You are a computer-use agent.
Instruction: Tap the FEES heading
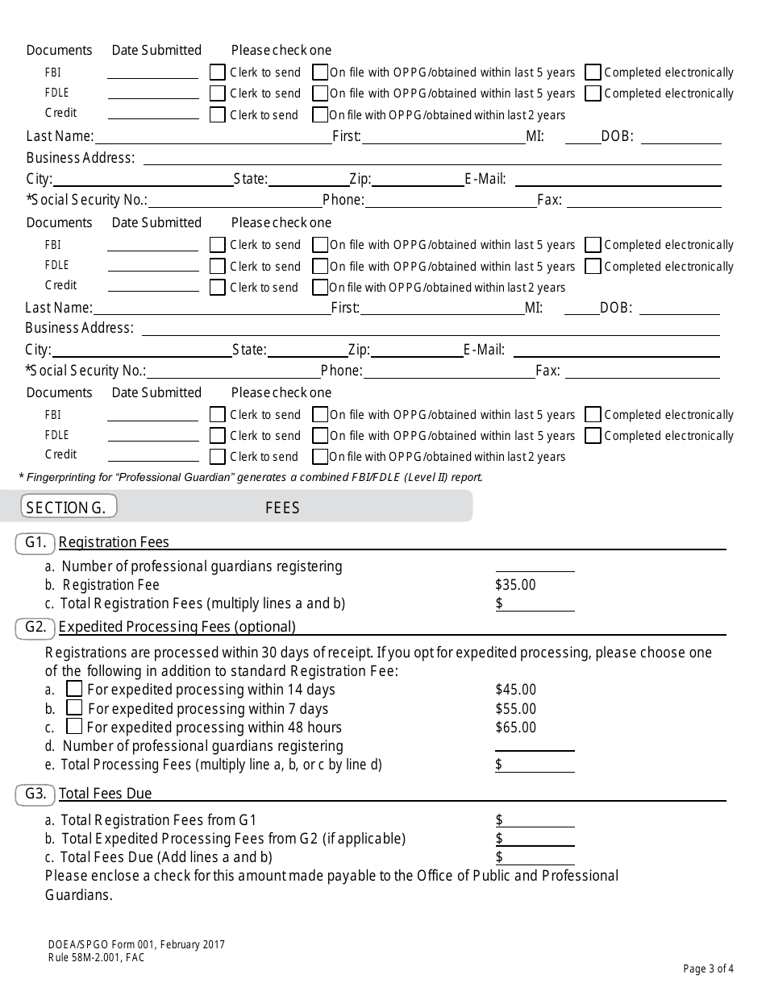[x=282, y=508]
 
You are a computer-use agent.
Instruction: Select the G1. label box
[x=35, y=543]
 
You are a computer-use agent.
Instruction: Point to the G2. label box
[x=35, y=627]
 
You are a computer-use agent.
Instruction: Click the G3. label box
[x=35, y=794]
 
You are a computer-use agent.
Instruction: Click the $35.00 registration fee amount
[x=515, y=585]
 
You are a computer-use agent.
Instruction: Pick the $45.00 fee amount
[x=515, y=690]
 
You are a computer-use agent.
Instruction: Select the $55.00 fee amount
[x=515, y=709]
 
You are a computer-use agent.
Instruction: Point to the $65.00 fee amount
[x=515, y=728]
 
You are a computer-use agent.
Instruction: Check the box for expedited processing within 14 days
[x=74, y=689]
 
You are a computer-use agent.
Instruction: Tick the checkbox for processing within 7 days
[x=74, y=708]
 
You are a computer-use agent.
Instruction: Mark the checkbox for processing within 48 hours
[x=74, y=727]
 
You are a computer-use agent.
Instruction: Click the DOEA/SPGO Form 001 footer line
[x=135, y=944]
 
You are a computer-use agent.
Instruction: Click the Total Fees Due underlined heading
[x=106, y=794]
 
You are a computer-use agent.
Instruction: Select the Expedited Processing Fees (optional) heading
[x=177, y=627]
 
